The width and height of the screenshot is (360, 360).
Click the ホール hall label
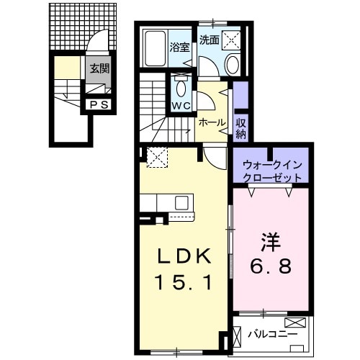pos(212,122)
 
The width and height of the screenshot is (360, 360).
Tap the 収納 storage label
pos(241,128)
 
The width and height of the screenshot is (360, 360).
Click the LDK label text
pos(184,256)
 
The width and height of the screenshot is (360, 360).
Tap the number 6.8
pos(270,267)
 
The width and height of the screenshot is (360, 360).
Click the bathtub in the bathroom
pos(153,49)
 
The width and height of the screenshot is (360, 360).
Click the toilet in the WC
pos(180,89)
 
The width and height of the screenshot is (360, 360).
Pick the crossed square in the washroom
pos(233,40)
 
